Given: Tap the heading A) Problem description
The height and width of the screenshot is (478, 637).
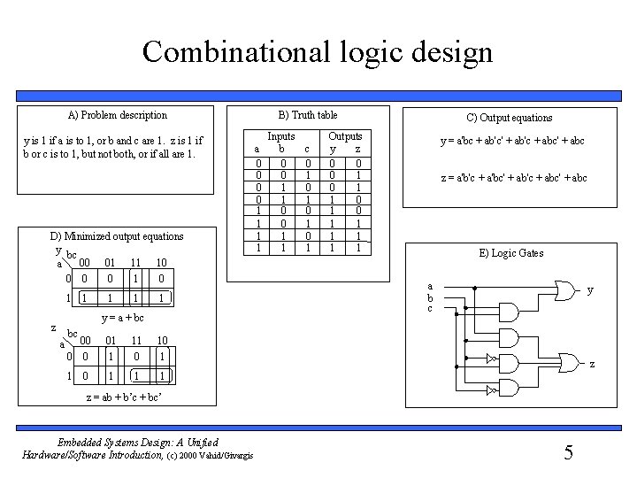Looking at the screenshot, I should pyautogui.click(x=118, y=115).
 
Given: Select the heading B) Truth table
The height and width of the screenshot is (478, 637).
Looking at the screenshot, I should pyautogui.click(x=308, y=115).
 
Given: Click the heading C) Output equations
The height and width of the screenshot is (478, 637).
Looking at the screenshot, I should pyautogui.click(x=509, y=118).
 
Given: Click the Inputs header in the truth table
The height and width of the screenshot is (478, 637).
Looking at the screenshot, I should pyautogui.click(x=281, y=136).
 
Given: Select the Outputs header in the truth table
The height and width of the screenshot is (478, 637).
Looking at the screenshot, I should pyautogui.click(x=345, y=136).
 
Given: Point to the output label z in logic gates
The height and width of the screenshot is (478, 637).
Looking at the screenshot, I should pyautogui.click(x=592, y=364).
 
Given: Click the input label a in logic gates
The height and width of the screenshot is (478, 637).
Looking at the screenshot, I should pyautogui.click(x=429, y=286).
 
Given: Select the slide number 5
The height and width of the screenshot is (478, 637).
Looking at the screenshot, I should pyautogui.click(x=569, y=453).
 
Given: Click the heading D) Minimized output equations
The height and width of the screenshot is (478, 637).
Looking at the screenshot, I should pyautogui.click(x=117, y=236).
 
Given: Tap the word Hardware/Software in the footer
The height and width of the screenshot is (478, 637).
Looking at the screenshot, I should pyautogui.click(x=63, y=455).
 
